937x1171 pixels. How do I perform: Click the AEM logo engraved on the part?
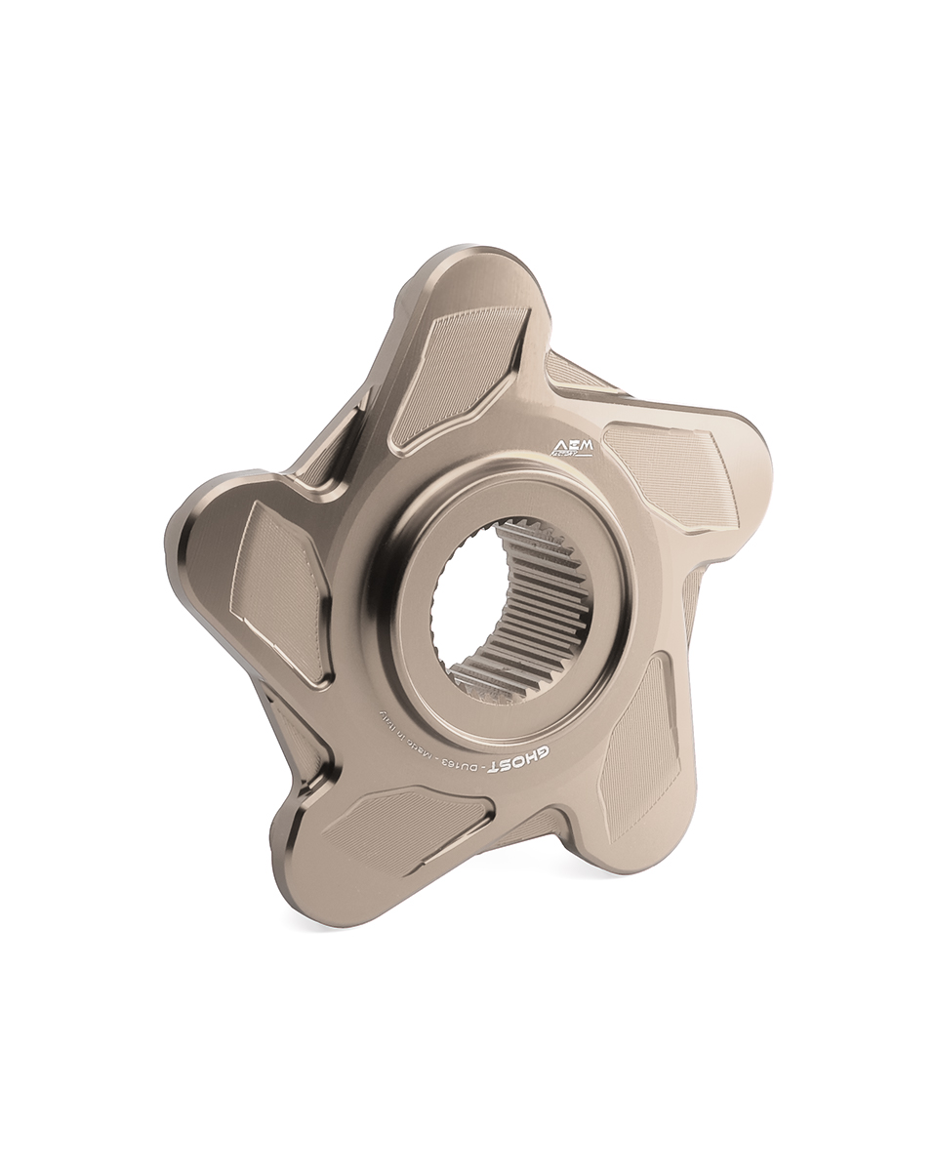(572, 448)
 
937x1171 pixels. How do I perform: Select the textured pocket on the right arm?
(673, 473)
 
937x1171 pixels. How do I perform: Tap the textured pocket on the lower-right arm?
(639, 747)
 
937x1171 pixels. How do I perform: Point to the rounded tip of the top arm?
(478, 268)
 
